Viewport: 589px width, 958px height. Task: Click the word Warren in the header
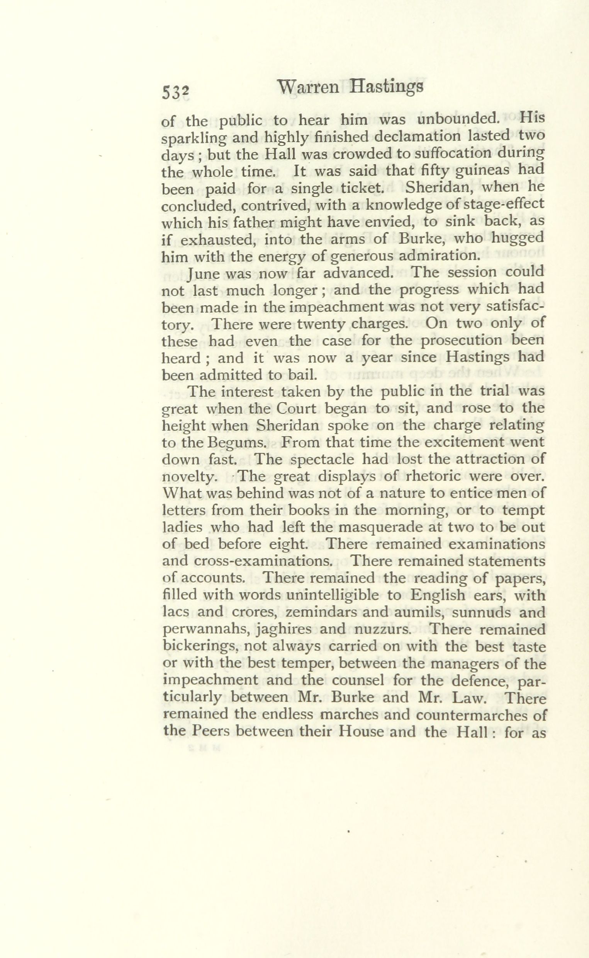click(x=310, y=88)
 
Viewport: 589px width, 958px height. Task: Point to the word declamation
click(x=423, y=137)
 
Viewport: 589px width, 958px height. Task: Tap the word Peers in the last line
click(x=211, y=731)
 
